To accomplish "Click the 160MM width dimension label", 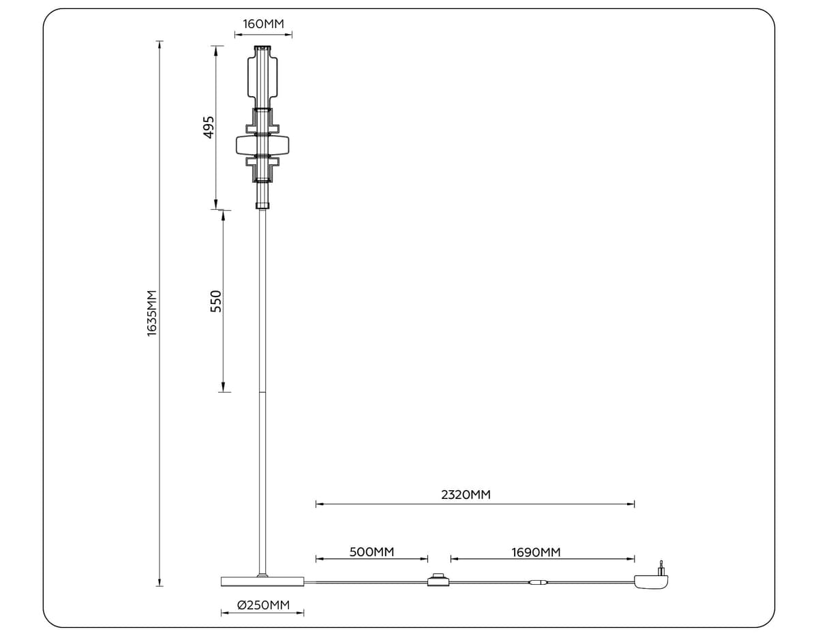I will [263, 24].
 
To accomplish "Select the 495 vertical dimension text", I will [209, 127].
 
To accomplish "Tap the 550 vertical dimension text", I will [215, 301].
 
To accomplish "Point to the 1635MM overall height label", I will [152, 312].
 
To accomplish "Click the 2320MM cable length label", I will [466, 495].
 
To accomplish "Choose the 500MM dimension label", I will [372, 551].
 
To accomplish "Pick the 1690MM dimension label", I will [536, 551].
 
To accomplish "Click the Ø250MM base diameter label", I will [263, 605].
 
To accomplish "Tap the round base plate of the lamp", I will [262, 581].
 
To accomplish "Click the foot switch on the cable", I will [436, 581].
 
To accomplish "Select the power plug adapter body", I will [650, 581].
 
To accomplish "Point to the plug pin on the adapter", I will [660, 566].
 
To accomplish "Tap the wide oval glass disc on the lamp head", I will [262, 145].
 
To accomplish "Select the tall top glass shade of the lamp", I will [262, 76].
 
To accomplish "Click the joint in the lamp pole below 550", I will [262, 393].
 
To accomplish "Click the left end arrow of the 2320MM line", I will [318, 504].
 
